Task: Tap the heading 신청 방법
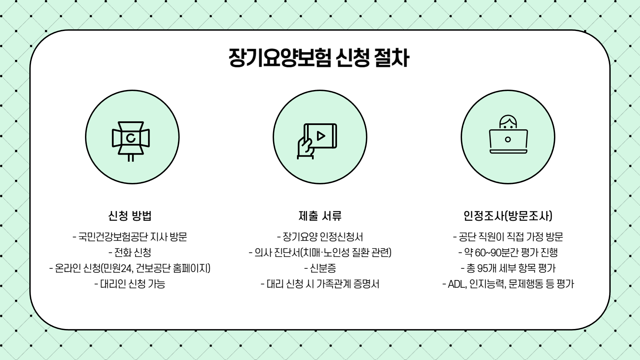[130, 216]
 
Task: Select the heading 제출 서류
[320, 216]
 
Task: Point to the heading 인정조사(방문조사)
[508, 216]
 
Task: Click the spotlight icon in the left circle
[131, 140]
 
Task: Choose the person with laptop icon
[508, 135]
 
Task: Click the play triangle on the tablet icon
[321, 136]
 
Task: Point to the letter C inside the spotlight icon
[131, 138]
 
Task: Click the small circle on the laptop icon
[508, 139]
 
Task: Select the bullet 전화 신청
[130, 252]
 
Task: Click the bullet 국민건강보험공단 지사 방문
[130, 237]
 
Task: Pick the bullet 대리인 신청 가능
[130, 284]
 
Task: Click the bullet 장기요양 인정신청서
[320, 237]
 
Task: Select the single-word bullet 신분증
[320, 268]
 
